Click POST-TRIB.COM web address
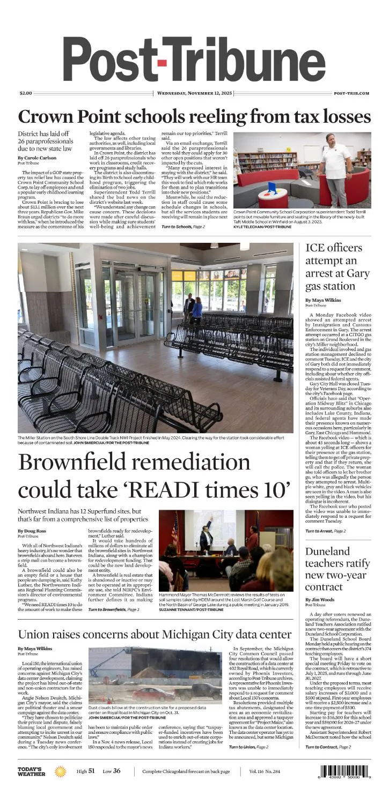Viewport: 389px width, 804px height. (351, 93)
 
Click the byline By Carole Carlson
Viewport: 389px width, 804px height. (36, 158)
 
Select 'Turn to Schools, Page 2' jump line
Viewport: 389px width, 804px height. (183, 227)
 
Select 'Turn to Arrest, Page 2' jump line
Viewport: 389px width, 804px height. (326, 531)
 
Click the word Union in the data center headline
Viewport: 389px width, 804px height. (35, 635)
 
